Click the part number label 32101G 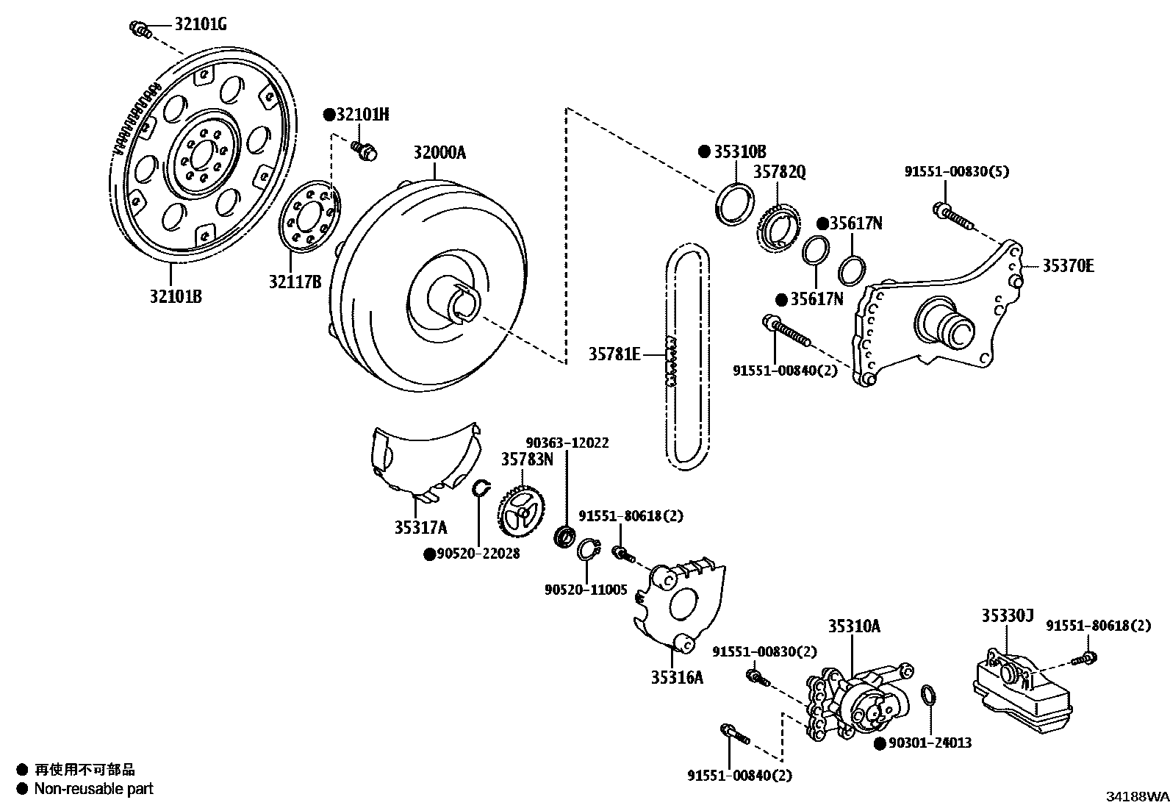tap(200, 25)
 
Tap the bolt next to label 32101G tap(140, 29)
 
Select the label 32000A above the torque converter tap(439, 153)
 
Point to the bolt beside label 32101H tap(363, 150)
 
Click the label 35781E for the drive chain tap(614, 354)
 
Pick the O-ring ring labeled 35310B tap(735, 203)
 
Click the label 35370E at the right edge tap(1067, 265)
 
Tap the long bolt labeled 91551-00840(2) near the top tap(787, 332)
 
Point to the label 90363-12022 tap(567, 443)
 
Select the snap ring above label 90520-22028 tap(480, 487)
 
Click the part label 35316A tap(676, 677)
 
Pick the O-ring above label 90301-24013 tap(929, 695)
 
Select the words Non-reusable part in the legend tap(94, 789)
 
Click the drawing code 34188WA tap(1138, 796)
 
